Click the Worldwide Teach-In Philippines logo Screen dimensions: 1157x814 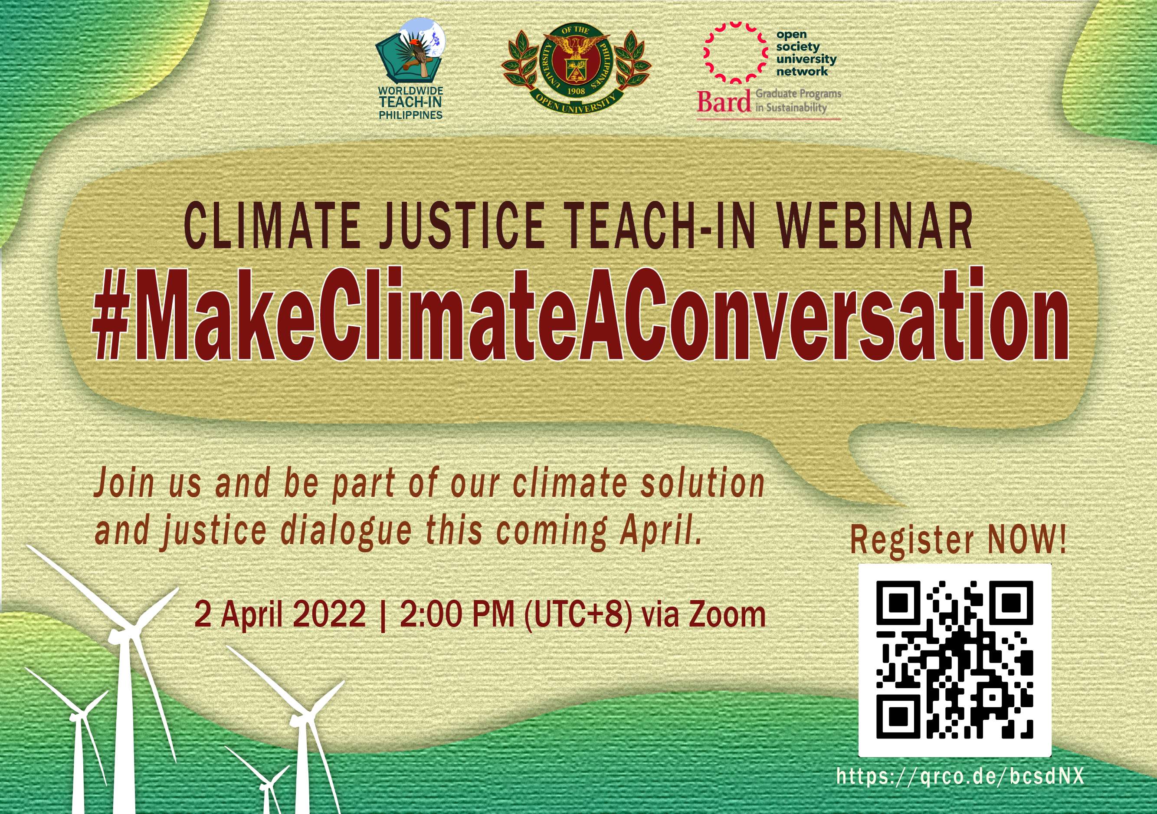pos(410,69)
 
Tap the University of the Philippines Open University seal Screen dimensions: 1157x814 pos(576,68)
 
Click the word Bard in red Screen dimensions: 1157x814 pos(724,102)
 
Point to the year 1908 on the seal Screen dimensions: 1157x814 pos(576,92)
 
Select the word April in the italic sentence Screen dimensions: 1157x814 pos(661,531)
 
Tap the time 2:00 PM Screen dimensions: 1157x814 pos(456,614)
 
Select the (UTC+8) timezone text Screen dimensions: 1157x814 pos(578,615)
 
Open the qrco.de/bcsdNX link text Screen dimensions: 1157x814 pos(960,776)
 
